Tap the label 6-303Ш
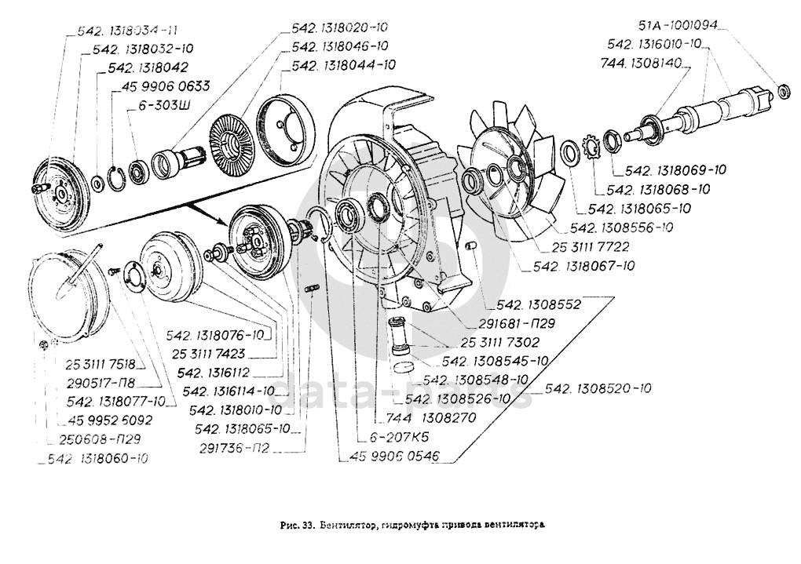166,104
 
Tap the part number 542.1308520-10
597,388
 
